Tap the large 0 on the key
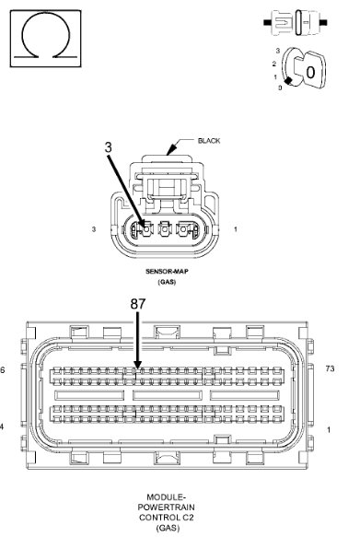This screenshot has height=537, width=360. click(x=310, y=72)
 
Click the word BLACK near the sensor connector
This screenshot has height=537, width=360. click(x=209, y=141)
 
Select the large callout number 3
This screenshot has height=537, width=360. click(x=108, y=147)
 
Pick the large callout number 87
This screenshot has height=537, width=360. click(x=138, y=304)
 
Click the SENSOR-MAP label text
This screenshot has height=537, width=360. click(x=167, y=272)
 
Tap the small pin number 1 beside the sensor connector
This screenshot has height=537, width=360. click(x=236, y=229)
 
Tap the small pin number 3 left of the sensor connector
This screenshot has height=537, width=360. click(x=94, y=229)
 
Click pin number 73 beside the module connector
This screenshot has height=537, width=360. click(x=330, y=368)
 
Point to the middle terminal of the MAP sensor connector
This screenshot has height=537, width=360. click(x=165, y=229)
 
